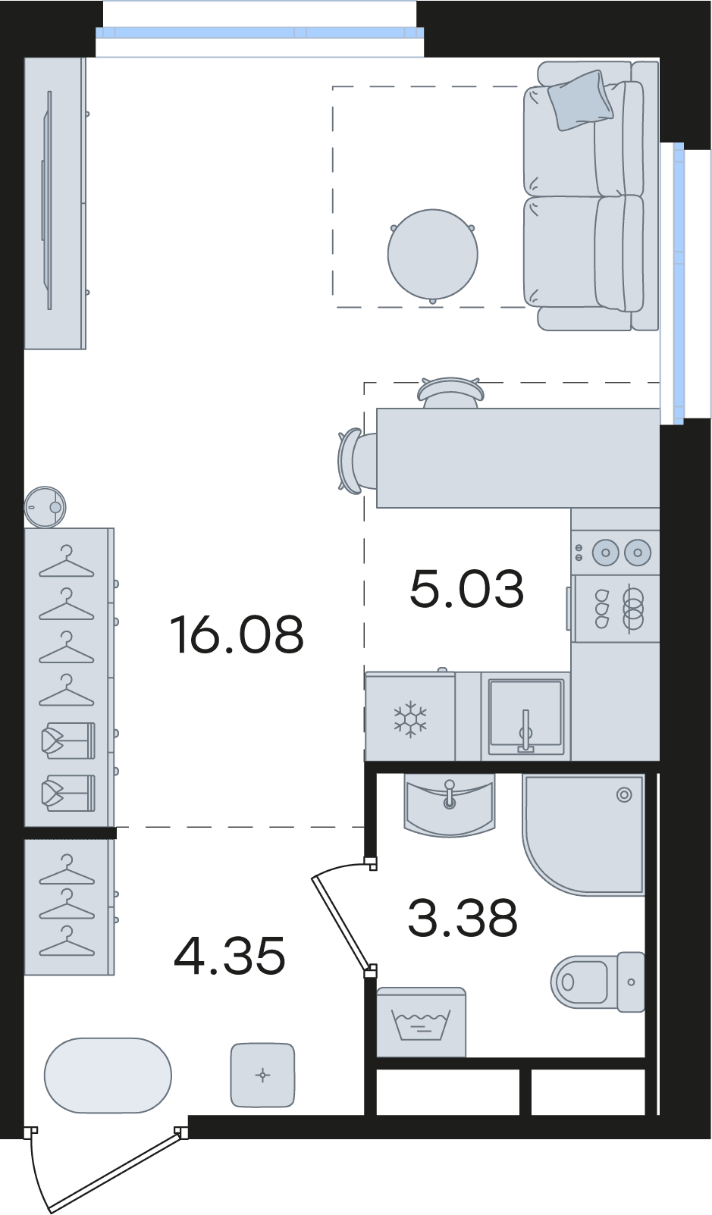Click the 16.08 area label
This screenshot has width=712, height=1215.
237,634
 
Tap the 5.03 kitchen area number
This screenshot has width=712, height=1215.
467,589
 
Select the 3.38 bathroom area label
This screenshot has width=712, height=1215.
463,919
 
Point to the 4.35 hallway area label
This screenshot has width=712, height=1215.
230,957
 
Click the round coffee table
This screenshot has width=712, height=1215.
433,255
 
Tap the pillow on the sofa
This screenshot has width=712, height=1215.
580,100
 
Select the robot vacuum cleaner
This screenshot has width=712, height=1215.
45,506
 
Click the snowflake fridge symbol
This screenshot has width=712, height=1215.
410,719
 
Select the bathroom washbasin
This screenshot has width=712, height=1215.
450,804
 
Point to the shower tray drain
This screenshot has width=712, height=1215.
624,796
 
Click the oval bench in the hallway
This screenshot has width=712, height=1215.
108,1075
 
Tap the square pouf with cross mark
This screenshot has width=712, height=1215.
262,1075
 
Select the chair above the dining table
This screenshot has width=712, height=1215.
450,392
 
